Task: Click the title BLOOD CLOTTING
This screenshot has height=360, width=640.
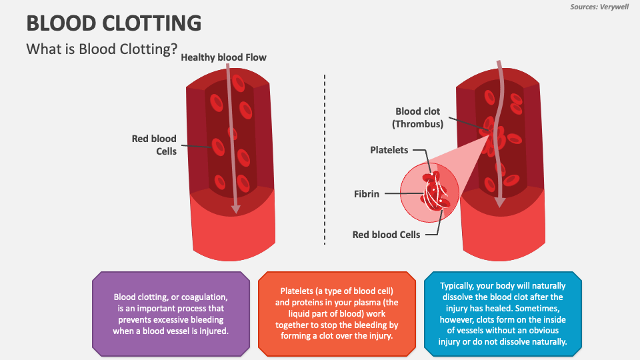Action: [x=113, y=23]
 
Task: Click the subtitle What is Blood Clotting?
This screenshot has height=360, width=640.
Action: [x=101, y=50]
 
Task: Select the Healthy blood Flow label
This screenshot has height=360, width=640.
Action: [x=224, y=57]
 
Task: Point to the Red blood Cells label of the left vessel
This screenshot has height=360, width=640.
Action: [x=154, y=145]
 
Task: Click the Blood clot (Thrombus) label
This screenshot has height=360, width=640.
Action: [x=418, y=118]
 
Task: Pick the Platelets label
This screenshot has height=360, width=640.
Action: [x=389, y=150]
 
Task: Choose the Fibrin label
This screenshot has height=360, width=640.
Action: [x=367, y=194]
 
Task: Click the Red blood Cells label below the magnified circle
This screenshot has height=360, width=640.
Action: [x=387, y=235]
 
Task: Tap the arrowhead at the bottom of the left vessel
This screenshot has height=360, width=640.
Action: [x=235, y=209]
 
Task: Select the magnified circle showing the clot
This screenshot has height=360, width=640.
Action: [x=429, y=193]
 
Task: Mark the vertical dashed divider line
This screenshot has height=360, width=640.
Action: [x=325, y=160]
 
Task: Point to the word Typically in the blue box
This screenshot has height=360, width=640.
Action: [x=458, y=285]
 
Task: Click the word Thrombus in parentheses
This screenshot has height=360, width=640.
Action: [x=418, y=124]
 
